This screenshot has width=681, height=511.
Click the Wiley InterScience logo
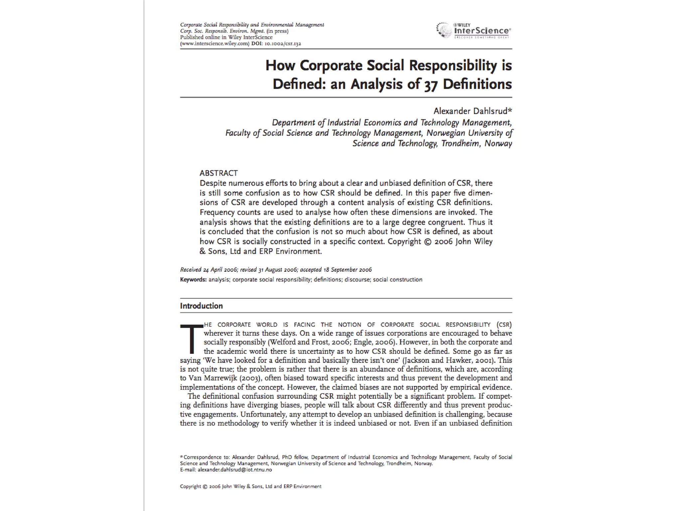tap(474, 31)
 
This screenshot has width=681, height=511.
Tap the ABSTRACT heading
tap(218, 173)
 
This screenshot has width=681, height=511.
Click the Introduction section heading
tap(201, 306)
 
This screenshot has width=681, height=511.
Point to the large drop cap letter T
tap(191, 339)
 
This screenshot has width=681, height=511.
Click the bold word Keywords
tap(193, 279)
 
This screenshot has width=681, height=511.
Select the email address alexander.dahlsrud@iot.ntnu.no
tap(235, 470)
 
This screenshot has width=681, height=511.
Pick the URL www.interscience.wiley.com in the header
tap(215, 44)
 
